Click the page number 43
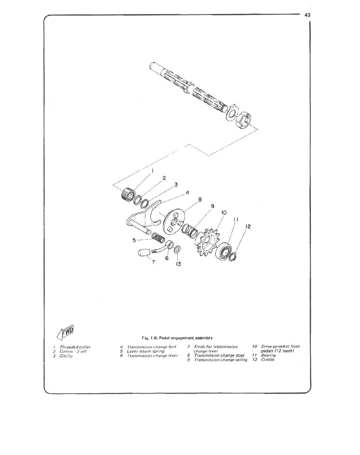coord(308,15)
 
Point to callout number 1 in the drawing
coord(153,170)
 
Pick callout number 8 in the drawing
coord(200,200)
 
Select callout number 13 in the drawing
coord(179,264)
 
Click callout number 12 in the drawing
coord(248,227)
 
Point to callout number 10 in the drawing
coord(224,213)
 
